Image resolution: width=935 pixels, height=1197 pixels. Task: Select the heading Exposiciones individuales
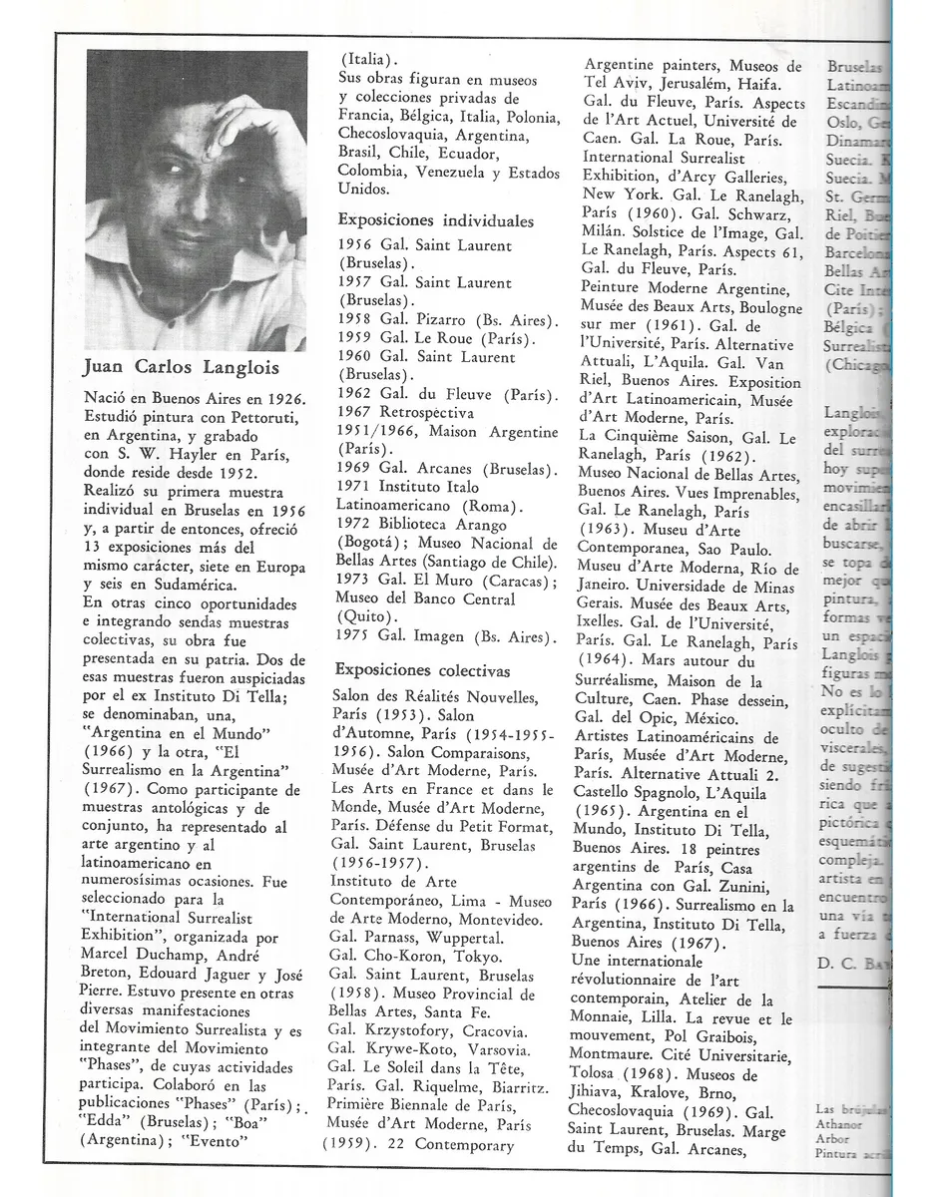click(435, 220)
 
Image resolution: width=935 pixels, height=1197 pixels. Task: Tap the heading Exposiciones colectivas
click(422, 669)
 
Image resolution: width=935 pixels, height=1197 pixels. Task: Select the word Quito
click(368, 617)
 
